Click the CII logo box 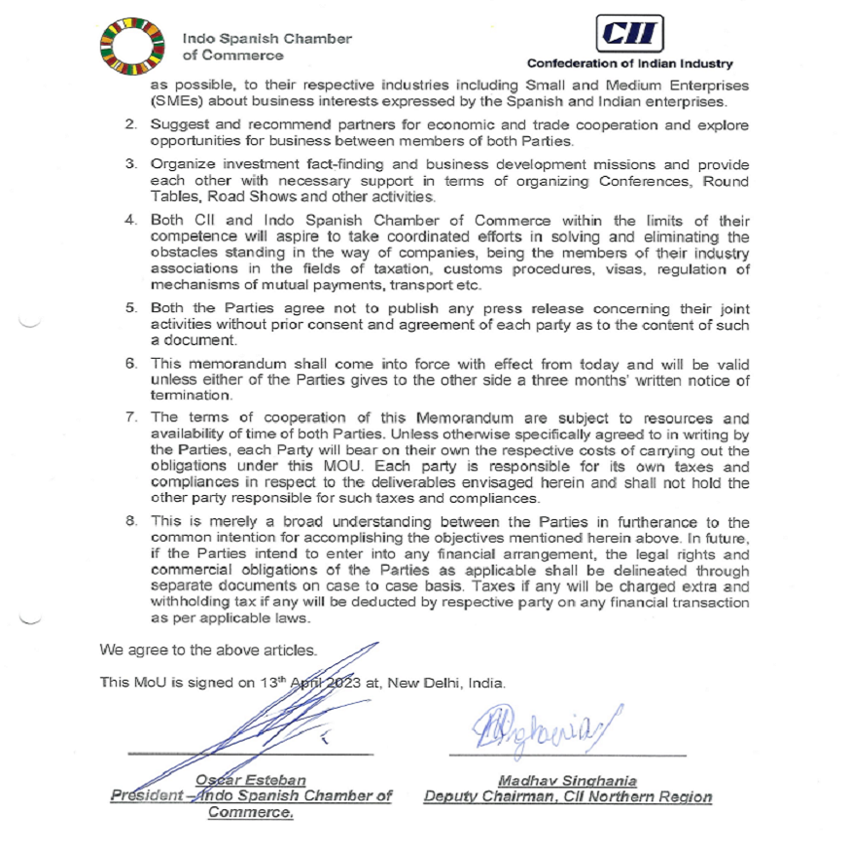coord(629,36)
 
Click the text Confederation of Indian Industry coord(629,64)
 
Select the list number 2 coord(130,125)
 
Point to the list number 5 coord(130,308)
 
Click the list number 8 coord(130,522)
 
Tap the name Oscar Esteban coord(251,780)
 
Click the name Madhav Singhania coord(567,780)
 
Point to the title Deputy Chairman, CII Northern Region coord(567,796)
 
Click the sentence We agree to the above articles coord(208,650)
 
